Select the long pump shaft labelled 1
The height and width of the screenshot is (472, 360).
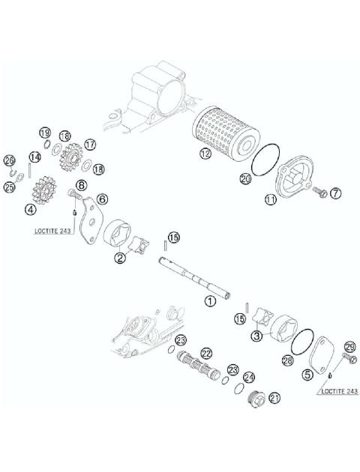tap(196, 276)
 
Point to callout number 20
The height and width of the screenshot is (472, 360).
tap(244, 178)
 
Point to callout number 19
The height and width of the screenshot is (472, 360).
tap(44, 133)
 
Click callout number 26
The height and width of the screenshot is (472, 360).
tap(9, 160)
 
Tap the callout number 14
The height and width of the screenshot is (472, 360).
tap(33, 157)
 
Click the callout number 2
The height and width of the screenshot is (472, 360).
tap(119, 258)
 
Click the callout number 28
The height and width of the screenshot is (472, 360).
tap(286, 360)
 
